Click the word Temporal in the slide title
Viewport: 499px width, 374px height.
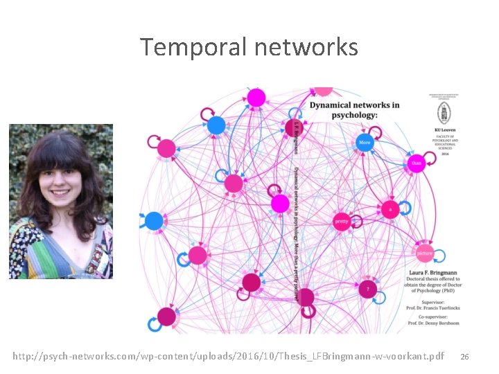coord(193,48)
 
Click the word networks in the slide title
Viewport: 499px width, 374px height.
coord(306,48)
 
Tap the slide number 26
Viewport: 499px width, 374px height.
coord(464,357)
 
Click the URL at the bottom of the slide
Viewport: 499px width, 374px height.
coord(228,356)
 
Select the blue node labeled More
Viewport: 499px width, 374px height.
coord(365,143)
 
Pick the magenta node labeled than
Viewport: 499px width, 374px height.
coord(416,164)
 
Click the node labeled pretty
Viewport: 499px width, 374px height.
coord(341,222)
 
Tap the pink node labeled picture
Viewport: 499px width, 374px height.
coord(424,253)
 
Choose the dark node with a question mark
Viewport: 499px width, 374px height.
coord(368,287)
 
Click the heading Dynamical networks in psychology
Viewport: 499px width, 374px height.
coord(353,110)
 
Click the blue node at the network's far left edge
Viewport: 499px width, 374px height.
coord(154,221)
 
